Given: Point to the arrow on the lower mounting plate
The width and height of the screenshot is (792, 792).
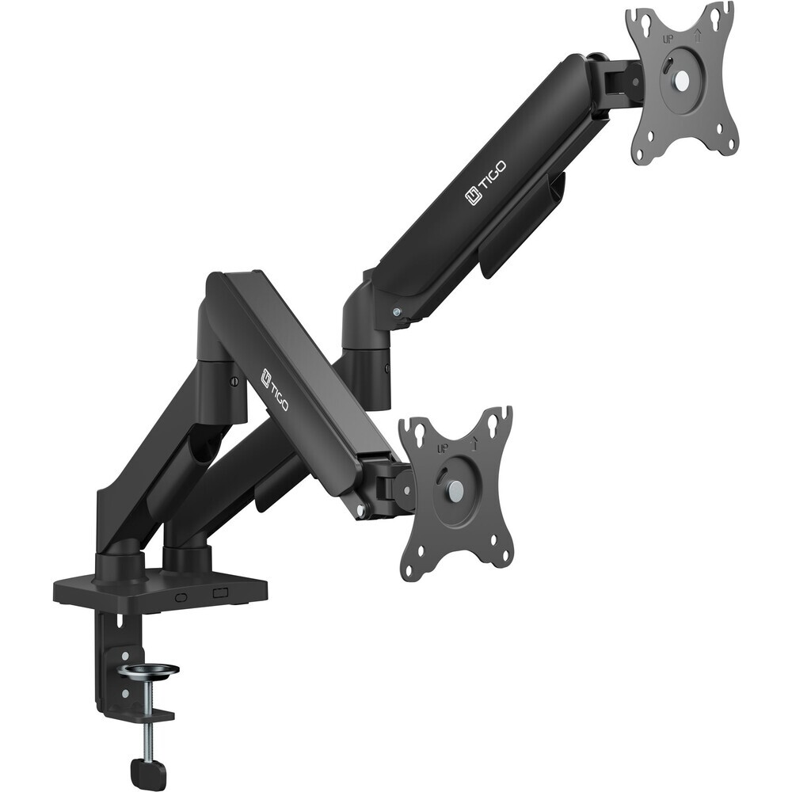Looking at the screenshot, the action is (474, 444).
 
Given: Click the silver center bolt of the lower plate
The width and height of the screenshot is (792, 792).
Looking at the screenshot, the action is (455, 488).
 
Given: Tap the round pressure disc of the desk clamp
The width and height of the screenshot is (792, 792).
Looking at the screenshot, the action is (150, 671).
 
